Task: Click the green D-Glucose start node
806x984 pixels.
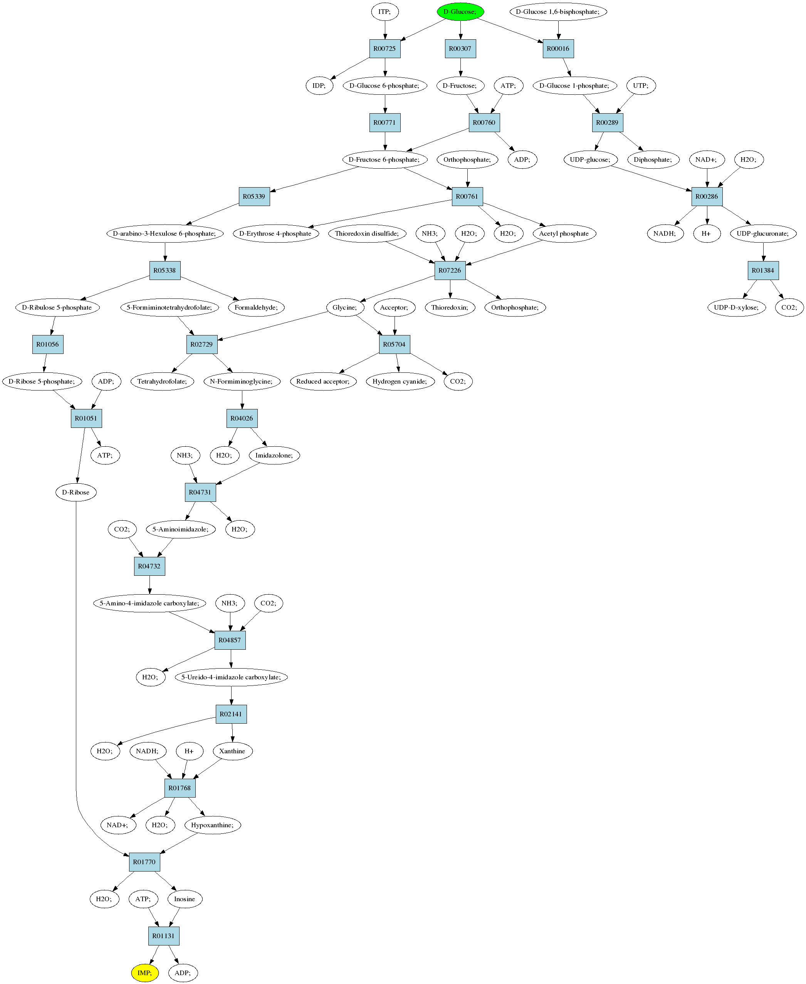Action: click(x=460, y=12)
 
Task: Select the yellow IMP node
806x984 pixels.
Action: click(x=145, y=973)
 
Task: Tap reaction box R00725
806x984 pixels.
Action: click(x=385, y=49)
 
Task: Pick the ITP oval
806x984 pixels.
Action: click(x=385, y=12)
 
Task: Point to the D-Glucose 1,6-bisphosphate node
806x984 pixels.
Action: click(x=558, y=12)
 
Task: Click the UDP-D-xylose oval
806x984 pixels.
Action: click(x=736, y=307)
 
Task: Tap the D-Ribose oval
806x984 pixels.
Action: click(x=76, y=493)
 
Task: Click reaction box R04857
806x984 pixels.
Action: click(x=230, y=640)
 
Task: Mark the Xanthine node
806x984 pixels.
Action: click(x=233, y=751)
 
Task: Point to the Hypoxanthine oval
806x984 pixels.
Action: click(x=213, y=825)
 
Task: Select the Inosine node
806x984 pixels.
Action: click(x=185, y=899)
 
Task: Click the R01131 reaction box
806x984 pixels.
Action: click(x=163, y=936)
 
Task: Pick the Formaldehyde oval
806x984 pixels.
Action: click(x=256, y=307)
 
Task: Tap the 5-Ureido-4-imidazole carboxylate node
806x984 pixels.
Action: click(x=231, y=677)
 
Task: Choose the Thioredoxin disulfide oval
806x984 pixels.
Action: click(x=367, y=233)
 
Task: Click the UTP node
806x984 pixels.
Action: click(x=641, y=85)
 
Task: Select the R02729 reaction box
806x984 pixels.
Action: click(x=201, y=344)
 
